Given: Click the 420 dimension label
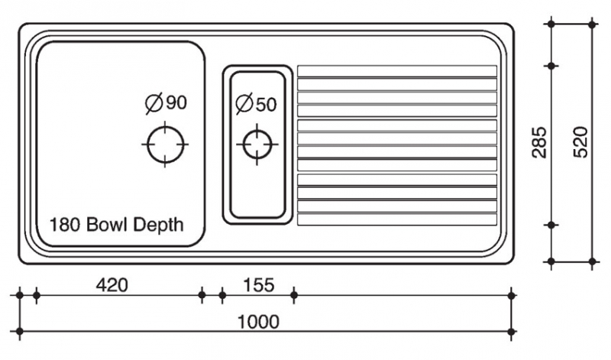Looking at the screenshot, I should [112, 285].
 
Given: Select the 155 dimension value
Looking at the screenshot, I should [259, 285].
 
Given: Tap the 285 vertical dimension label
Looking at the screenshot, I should [539, 143].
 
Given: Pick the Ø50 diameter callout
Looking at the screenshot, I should [256, 104].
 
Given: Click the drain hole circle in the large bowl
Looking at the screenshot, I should [165, 143].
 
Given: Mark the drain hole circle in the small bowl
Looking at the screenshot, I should [256, 144].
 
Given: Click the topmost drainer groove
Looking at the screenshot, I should [396, 71].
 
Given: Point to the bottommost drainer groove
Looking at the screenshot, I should [396, 219].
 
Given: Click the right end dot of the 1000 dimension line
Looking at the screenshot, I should [512, 331].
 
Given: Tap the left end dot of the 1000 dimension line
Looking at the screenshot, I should [20, 331].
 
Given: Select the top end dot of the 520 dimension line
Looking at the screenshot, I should [593, 24].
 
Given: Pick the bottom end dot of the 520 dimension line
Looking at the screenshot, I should [593, 261].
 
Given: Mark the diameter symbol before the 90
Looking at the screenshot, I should [154, 103].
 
